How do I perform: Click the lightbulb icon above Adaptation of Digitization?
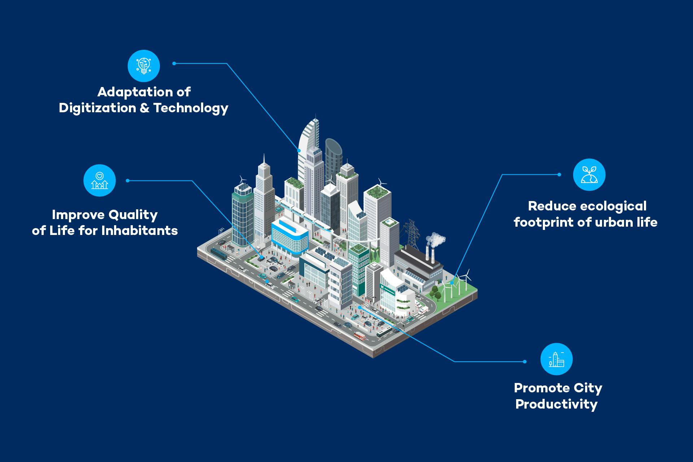144,66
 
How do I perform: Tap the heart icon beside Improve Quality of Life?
100,180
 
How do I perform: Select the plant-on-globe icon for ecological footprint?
589,174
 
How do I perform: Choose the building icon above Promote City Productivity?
556,359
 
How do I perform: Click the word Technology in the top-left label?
191,108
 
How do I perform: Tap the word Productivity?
556,404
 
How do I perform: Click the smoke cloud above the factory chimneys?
436,239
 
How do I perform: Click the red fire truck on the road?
360,336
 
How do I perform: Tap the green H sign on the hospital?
382,287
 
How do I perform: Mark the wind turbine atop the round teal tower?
242,179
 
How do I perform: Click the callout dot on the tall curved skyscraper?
299,150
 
